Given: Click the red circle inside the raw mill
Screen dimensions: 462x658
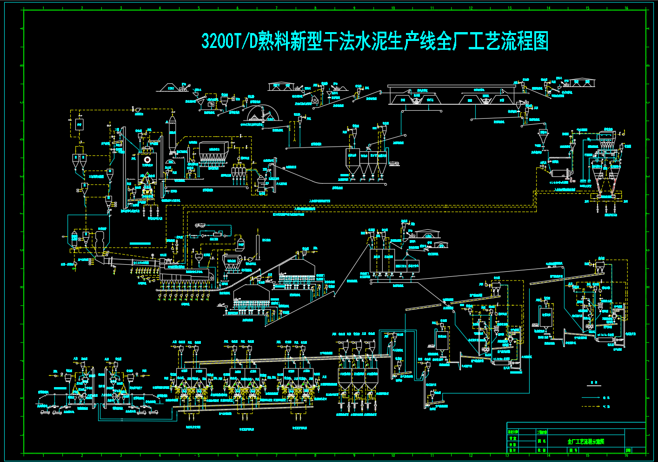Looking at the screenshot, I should (x=147, y=160).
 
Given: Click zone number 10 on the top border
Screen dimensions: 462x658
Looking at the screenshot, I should (x=393, y=8).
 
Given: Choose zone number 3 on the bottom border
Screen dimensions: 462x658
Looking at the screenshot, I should (x=121, y=455).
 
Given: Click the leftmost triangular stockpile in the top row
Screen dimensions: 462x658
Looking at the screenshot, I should (x=169, y=87).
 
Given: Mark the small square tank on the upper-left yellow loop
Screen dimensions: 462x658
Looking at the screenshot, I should (x=79, y=125).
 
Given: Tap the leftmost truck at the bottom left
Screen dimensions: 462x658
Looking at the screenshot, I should (x=45, y=412).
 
